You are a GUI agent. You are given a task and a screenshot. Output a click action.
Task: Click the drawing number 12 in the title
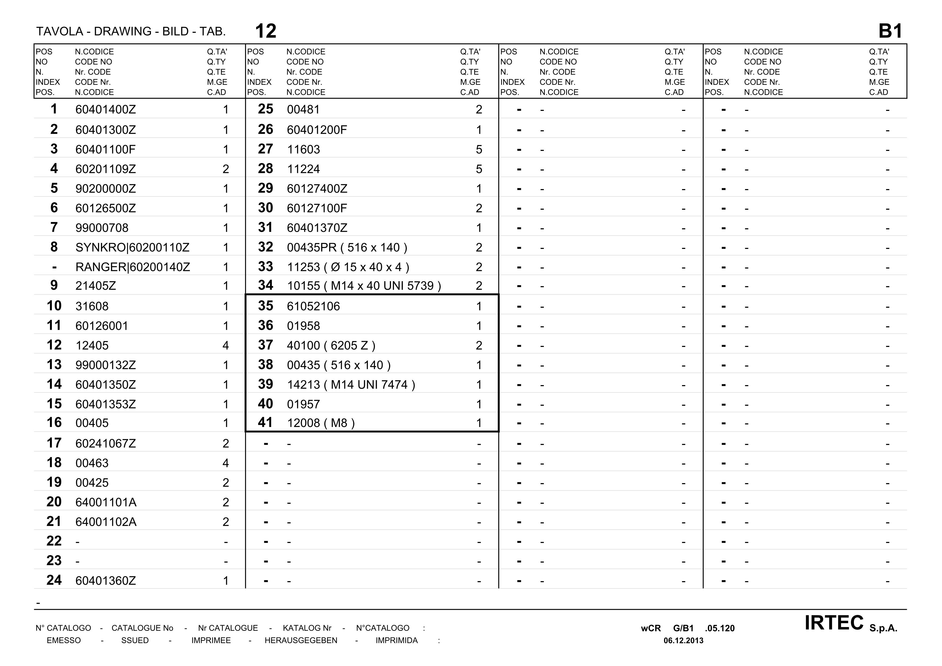pos(266,31)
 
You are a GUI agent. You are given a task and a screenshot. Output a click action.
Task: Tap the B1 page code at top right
pos(890,31)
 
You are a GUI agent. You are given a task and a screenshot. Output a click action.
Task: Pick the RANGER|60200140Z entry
pos(133,267)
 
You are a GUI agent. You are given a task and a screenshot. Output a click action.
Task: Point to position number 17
pos(54,443)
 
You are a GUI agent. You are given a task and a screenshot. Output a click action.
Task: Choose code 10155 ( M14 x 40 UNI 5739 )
pos(364,286)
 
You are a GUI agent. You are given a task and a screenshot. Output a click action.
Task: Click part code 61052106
pos(313,306)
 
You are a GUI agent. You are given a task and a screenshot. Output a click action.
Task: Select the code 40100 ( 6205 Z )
pos(331,346)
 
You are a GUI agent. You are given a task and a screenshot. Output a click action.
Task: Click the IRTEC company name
pos(834,623)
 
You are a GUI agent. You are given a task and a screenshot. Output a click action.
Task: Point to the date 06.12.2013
pos(683,640)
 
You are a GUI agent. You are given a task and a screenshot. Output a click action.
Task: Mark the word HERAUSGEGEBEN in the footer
pos(301,640)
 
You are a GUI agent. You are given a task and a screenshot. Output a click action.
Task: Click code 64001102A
pos(106,522)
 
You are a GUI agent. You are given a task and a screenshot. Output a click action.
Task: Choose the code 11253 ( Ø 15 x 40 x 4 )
pos(348,267)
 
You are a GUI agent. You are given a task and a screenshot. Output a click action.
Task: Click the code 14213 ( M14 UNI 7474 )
pos(351,385)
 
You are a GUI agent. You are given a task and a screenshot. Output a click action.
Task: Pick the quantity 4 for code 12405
pos(225,346)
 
